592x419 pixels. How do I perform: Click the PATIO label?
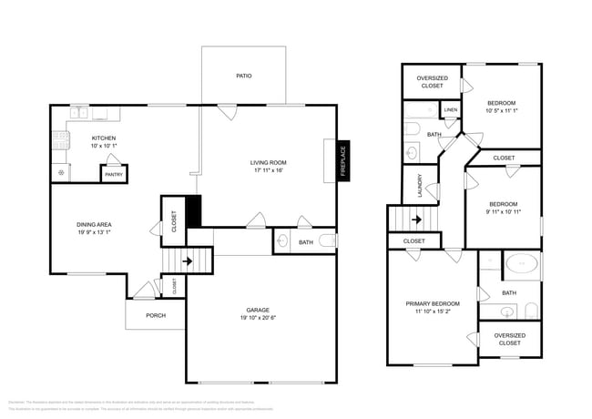[x=243, y=77]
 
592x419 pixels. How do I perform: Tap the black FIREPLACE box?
[x=343, y=162]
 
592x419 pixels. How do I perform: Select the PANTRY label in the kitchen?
[x=114, y=174]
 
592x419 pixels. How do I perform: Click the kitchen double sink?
[x=82, y=114]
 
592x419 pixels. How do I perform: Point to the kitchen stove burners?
[x=61, y=139]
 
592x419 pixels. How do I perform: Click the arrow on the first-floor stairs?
[x=188, y=261]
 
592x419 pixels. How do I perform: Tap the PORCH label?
[x=156, y=316]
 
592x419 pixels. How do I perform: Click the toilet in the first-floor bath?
[x=282, y=241]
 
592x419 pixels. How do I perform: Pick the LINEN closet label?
[x=451, y=111]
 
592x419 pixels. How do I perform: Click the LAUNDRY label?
[x=419, y=186]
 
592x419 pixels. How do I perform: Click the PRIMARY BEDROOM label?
[x=433, y=303]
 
